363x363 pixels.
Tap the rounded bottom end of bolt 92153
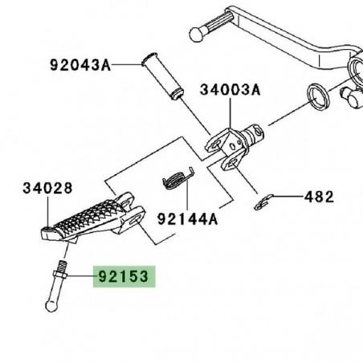click(49, 305)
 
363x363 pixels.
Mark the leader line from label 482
click(288, 197)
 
